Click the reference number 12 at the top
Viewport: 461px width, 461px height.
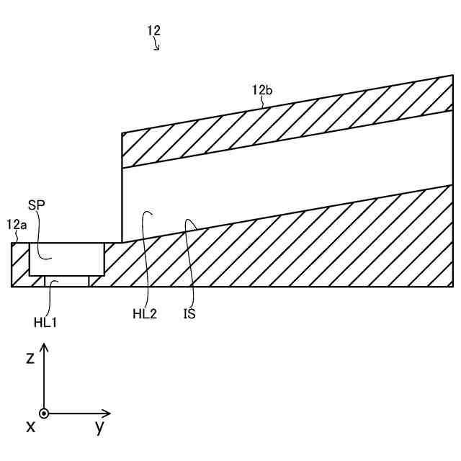pyautogui.click(x=153, y=30)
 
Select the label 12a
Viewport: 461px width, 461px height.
pyautogui.click(x=17, y=225)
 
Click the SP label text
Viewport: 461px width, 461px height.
pyautogui.click(x=37, y=205)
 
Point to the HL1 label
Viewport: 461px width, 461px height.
pyautogui.click(x=45, y=322)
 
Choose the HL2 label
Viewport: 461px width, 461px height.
pyautogui.click(x=144, y=313)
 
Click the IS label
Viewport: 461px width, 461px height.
pyautogui.click(x=189, y=313)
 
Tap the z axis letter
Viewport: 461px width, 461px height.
pyautogui.click(x=30, y=358)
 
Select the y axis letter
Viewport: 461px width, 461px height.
pyautogui.click(x=99, y=426)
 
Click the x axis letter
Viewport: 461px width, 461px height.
pyautogui.click(x=30, y=426)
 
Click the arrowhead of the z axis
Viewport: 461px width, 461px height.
pyautogui.click(x=44, y=346)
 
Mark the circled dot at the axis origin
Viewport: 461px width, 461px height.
pyautogui.click(x=44, y=413)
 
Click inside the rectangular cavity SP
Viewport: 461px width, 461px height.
pyautogui.click(x=66, y=259)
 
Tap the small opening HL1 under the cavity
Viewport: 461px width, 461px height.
pyautogui.click(x=66, y=281)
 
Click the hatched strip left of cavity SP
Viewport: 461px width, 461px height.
pyautogui.click(x=20, y=264)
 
